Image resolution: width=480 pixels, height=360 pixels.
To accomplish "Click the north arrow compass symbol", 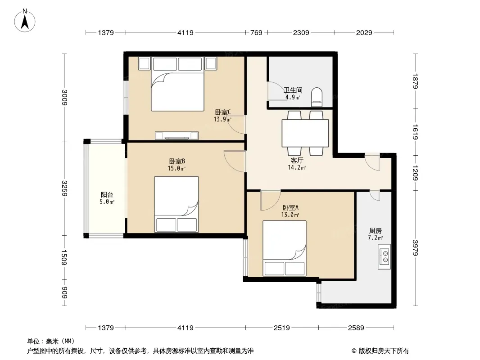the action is pyautogui.click(x=25, y=21).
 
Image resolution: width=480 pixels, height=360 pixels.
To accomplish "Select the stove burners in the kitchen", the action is pyautogui.click(x=384, y=256).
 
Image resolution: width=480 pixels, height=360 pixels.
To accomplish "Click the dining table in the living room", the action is pyautogui.click(x=305, y=133).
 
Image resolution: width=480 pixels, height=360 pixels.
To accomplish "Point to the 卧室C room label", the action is pyautogui.click(x=223, y=112).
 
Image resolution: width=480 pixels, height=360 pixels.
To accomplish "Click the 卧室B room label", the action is pyautogui.click(x=177, y=161).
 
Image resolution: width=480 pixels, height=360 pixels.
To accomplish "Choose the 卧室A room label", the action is pyautogui.click(x=290, y=208).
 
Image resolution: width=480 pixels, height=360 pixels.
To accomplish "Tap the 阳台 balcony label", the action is pyautogui.click(x=107, y=194).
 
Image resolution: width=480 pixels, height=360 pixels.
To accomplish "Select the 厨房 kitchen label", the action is pyautogui.click(x=375, y=230).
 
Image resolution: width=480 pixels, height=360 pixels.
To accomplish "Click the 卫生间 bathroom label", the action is pyautogui.click(x=293, y=90).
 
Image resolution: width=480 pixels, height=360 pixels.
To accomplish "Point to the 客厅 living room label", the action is pyautogui.click(x=297, y=160).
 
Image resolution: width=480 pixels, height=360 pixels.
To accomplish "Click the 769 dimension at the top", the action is pyautogui.click(x=257, y=32).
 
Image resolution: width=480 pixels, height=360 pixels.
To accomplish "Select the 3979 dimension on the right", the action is pyautogui.click(x=415, y=248).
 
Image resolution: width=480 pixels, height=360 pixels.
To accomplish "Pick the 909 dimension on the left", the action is pyautogui.click(x=64, y=292).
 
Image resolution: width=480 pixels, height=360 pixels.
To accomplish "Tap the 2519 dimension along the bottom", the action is pyautogui.click(x=281, y=328).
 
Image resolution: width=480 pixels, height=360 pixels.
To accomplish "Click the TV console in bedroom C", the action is pyautogui.click(x=177, y=135).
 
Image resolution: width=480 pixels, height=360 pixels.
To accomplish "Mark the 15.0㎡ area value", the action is pyautogui.click(x=177, y=168).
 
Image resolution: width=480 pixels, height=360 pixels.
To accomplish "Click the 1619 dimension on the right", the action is pyautogui.click(x=415, y=132).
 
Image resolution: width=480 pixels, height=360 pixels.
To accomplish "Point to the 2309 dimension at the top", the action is pyautogui.click(x=301, y=32).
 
